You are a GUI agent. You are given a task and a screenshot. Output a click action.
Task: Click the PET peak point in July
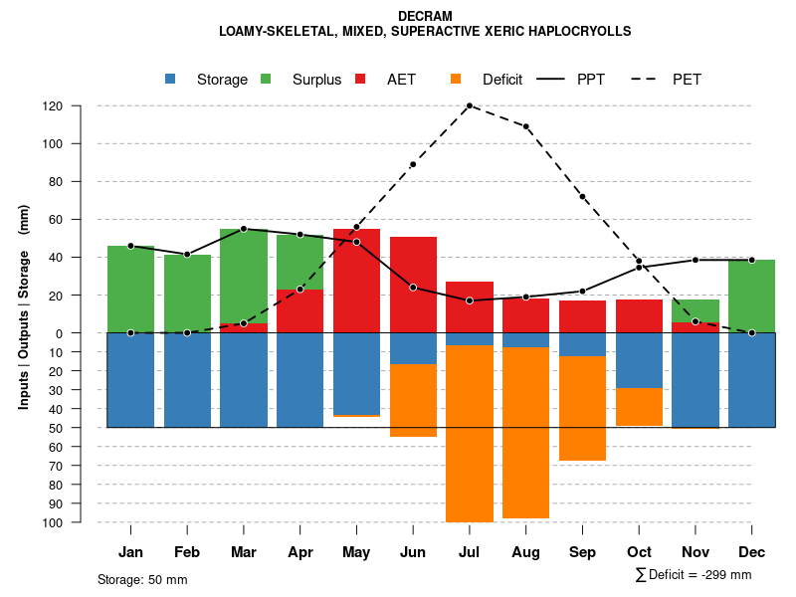[469, 105]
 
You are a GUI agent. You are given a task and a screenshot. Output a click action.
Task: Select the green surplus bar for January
[130, 289]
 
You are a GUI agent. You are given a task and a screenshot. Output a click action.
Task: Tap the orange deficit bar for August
[525, 433]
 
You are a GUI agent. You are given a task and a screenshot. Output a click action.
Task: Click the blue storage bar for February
[187, 380]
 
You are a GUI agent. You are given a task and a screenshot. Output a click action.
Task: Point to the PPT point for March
[244, 229]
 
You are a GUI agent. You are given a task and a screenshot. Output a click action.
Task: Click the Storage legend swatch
[171, 79]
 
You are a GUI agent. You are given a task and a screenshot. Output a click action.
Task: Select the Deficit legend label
[502, 80]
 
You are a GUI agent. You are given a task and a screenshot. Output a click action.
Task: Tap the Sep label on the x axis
[582, 552]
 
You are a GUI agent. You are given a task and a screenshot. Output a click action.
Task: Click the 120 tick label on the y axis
[81, 105]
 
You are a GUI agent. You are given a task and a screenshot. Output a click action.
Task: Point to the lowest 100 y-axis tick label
[81, 522]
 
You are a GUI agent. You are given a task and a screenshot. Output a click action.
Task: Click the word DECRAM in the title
[425, 16]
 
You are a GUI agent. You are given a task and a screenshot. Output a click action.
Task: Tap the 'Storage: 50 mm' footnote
[142, 579]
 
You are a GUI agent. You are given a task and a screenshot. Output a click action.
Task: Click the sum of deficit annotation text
[693, 575]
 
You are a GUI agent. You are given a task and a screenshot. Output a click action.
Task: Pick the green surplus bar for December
[752, 296]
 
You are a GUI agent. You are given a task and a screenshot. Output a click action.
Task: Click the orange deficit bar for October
[639, 407]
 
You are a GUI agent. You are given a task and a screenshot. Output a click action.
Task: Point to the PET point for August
[525, 126]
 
